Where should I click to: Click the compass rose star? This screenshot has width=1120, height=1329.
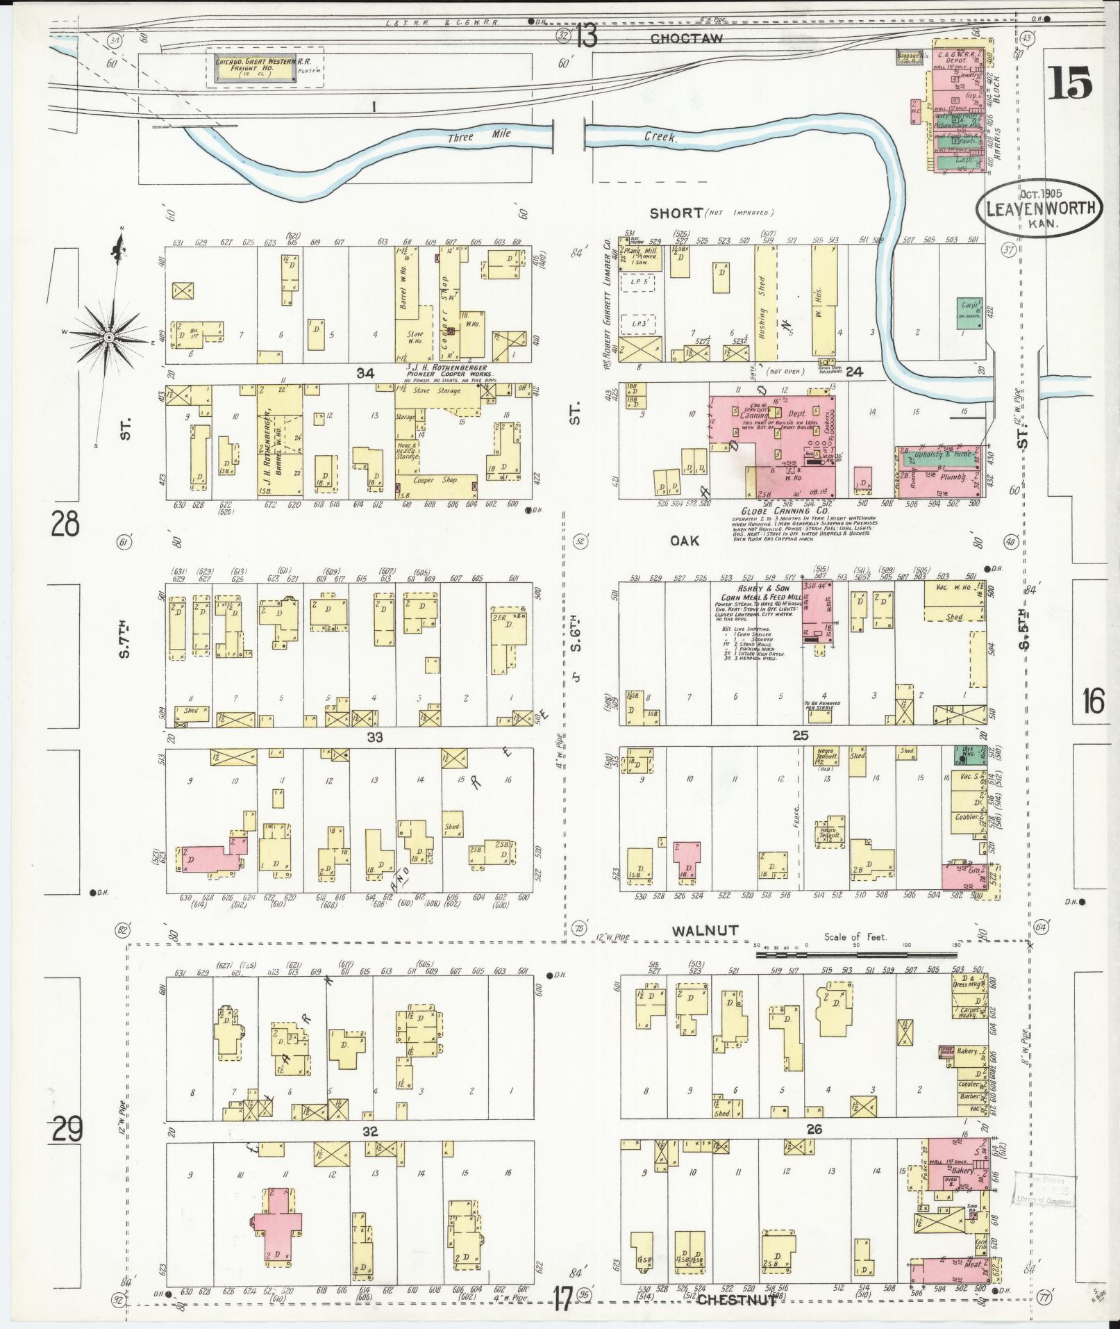pos(110,336)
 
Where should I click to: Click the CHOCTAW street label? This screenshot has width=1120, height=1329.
pos(686,39)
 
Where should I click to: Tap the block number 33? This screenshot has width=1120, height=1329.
pos(376,735)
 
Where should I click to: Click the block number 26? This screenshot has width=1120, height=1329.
pos(814,1130)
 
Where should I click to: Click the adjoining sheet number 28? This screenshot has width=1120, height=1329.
pos(64,524)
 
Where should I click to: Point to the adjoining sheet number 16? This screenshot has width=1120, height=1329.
pos(1092,702)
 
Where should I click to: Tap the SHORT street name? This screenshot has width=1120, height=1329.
pos(677,213)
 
